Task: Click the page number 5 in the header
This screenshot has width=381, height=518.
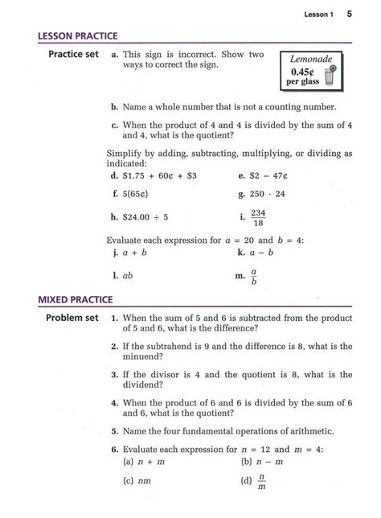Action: [x=351, y=14]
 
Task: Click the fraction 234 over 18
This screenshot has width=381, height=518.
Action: [x=258, y=218]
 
